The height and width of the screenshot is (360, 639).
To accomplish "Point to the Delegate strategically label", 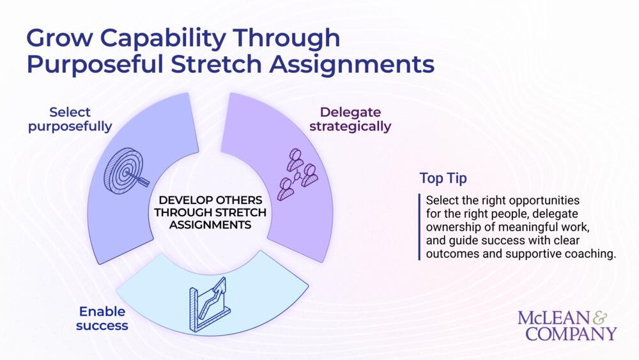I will [x=350, y=119].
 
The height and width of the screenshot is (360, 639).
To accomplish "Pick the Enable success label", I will [x=102, y=318].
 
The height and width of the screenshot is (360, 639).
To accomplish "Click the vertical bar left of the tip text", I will [x=420, y=227].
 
